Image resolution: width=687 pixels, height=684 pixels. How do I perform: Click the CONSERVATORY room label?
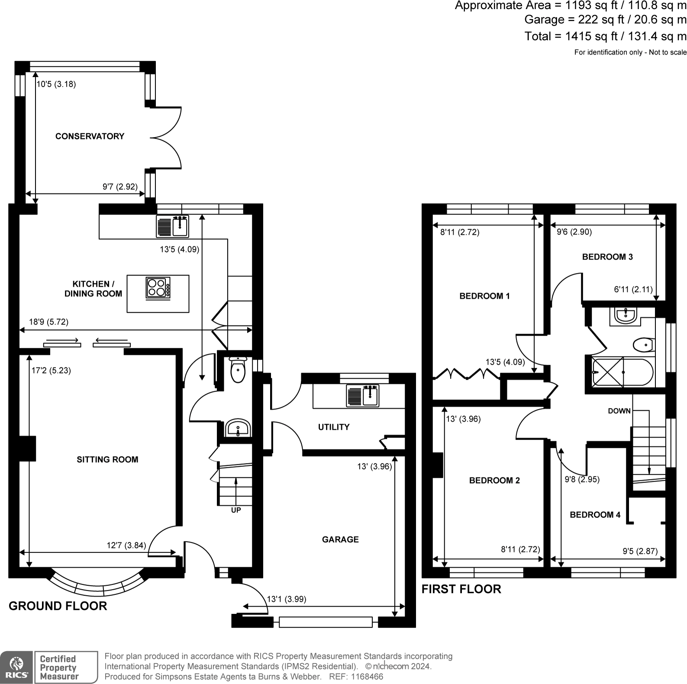(x=90, y=136)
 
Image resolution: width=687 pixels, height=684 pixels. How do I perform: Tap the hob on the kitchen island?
(x=158, y=288)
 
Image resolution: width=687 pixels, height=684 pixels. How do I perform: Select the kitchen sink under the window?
(x=173, y=226)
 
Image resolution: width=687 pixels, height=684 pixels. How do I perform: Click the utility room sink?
(x=363, y=396)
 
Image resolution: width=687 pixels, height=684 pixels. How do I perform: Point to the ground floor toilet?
(x=238, y=370)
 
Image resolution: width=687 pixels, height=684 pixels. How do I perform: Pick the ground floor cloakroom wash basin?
(x=238, y=428)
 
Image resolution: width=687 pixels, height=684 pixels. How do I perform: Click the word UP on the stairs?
(x=236, y=510)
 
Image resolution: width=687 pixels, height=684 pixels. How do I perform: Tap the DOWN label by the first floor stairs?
(x=619, y=411)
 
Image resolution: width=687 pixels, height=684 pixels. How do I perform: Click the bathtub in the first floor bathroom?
(x=622, y=372)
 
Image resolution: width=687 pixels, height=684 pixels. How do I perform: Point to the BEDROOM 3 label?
(x=607, y=257)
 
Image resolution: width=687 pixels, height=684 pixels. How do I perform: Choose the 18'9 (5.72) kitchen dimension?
(x=48, y=322)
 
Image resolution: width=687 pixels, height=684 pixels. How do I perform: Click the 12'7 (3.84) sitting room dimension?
(x=126, y=545)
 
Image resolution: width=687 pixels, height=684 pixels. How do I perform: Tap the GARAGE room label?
(x=340, y=539)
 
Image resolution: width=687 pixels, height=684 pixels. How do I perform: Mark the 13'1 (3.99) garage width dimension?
(x=287, y=599)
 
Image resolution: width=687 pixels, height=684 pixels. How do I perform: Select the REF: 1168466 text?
(x=356, y=677)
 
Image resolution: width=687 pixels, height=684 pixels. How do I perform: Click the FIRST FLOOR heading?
(x=461, y=589)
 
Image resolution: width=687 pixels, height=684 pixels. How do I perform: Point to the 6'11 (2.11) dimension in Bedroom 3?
(x=633, y=289)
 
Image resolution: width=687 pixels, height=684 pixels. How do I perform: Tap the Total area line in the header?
(x=606, y=36)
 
